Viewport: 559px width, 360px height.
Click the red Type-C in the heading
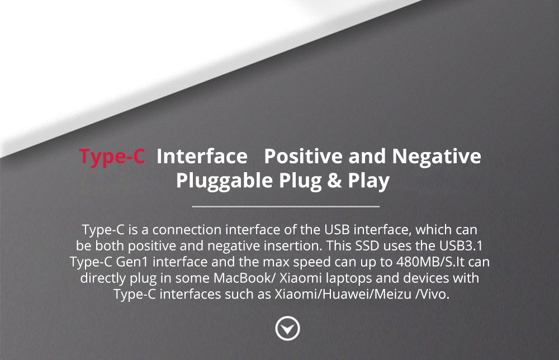(x=112, y=157)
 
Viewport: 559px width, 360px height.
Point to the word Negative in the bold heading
(x=436, y=157)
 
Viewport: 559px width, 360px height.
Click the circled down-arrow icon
(x=288, y=329)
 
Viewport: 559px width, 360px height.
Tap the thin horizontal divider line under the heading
(x=286, y=207)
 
